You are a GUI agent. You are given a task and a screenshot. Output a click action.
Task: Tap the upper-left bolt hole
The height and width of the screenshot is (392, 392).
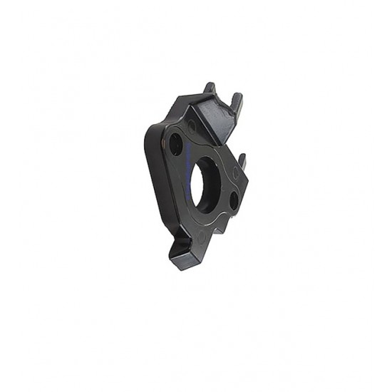[x=175, y=145]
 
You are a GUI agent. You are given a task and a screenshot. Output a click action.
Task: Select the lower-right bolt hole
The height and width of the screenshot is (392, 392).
[x=234, y=201]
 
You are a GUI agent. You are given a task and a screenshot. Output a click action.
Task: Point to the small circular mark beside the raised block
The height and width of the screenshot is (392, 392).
[x=192, y=127]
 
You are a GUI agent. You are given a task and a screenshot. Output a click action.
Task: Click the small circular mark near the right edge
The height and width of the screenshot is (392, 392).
[x=236, y=172]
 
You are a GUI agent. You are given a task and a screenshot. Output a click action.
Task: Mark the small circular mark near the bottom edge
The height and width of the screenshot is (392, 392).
[x=202, y=234]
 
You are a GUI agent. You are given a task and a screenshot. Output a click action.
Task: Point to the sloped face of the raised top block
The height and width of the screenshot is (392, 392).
[x=215, y=118]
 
